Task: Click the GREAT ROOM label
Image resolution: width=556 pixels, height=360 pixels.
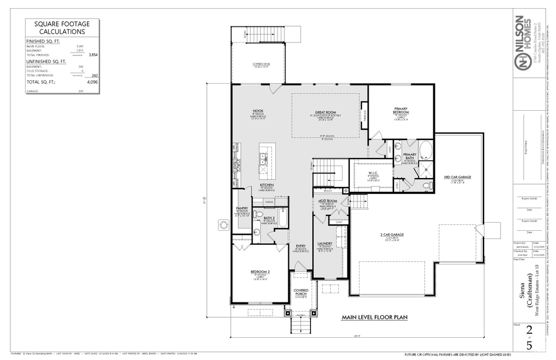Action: point(326,112)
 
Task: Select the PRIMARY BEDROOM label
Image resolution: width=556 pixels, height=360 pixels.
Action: point(401,110)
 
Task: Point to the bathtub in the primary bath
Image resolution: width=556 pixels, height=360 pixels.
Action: point(425,149)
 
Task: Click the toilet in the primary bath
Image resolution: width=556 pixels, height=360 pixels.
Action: point(428,185)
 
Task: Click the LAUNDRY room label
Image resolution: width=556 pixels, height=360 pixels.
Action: point(325,243)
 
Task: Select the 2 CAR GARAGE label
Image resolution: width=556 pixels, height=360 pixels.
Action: point(392,235)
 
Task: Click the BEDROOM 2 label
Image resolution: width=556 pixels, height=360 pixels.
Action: point(260,271)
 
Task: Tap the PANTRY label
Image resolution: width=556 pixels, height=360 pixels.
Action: point(242,208)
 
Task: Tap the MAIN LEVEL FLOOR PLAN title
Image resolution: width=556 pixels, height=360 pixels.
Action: point(375,317)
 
